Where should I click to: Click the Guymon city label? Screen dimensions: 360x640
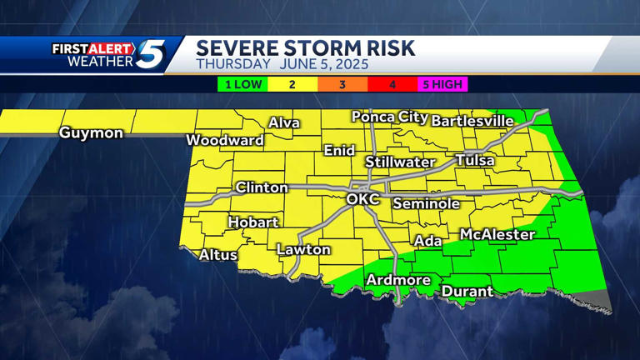[91, 132]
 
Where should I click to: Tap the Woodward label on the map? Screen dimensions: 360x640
[224, 140]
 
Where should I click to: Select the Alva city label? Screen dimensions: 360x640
[284, 123]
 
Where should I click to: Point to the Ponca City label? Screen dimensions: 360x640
[389, 117]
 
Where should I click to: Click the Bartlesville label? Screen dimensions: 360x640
[472, 121]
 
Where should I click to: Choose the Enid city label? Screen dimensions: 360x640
[339, 151]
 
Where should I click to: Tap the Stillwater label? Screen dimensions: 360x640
[400, 162]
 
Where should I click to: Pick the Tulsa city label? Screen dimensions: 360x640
[475, 160]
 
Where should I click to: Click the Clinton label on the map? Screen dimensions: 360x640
[262, 187]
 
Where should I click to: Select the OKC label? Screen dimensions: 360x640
[362, 200]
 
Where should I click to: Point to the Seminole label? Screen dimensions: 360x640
[426, 203]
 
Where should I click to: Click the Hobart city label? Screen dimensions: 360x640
[253, 222]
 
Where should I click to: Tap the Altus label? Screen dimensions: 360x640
[218, 255]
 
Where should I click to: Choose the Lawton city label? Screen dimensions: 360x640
[303, 249]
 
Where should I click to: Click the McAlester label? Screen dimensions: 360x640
[497, 235]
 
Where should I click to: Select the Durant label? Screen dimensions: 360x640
[467, 292]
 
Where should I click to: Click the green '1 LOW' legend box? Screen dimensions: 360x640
[242, 84]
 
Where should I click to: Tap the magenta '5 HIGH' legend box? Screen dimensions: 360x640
[442, 84]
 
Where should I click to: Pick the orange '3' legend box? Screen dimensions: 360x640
[342, 84]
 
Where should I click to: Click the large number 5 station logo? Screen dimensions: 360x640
[151, 56]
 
